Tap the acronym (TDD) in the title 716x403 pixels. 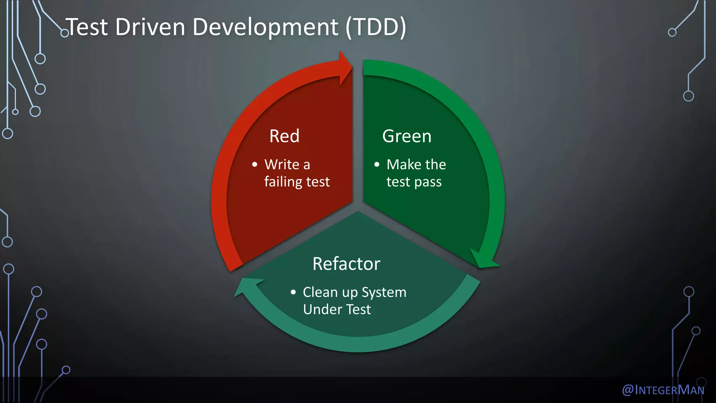click(x=376, y=27)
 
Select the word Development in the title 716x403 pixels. click(x=265, y=27)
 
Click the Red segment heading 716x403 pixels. click(x=284, y=136)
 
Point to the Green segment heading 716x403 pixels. click(x=407, y=136)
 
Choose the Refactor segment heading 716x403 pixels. click(x=346, y=264)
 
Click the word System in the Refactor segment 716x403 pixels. click(x=384, y=292)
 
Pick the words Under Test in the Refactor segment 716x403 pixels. click(x=337, y=310)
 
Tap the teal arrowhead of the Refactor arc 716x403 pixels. click(x=247, y=286)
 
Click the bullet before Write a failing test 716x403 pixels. click(x=255, y=164)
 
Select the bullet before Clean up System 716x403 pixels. click(x=293, y=292)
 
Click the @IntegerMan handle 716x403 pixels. click(x=663, y=390)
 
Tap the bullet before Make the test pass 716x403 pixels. click(x=377, y=164)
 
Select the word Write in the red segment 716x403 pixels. click(x=282, y=164)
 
